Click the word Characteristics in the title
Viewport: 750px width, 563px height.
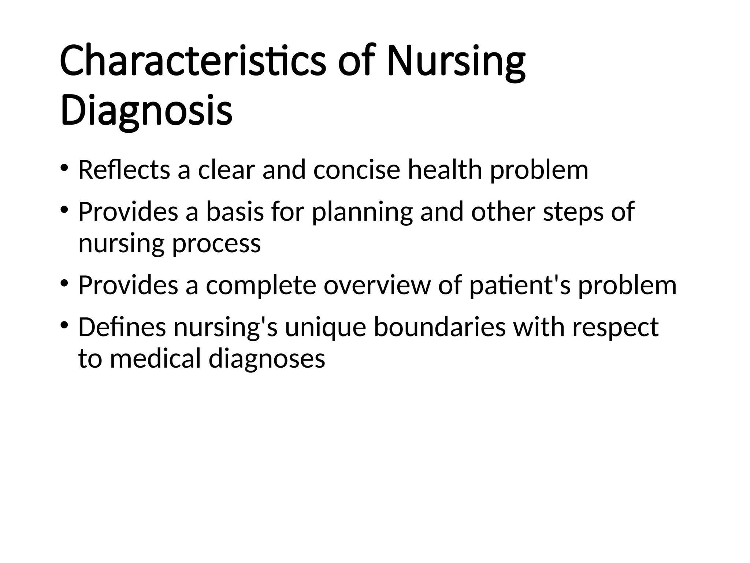pos(193,61)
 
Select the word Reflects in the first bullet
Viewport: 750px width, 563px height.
pos(124,170)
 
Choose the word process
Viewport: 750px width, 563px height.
pos(216,243)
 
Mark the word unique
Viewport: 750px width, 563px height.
pos(325,327)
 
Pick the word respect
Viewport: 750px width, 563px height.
pos(615,328)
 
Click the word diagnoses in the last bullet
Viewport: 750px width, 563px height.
pos(267,359)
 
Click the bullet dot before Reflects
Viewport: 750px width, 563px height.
pos(64,168)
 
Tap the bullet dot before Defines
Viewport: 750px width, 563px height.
pos(64,325)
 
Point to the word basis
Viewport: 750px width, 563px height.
pos(235,213)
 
